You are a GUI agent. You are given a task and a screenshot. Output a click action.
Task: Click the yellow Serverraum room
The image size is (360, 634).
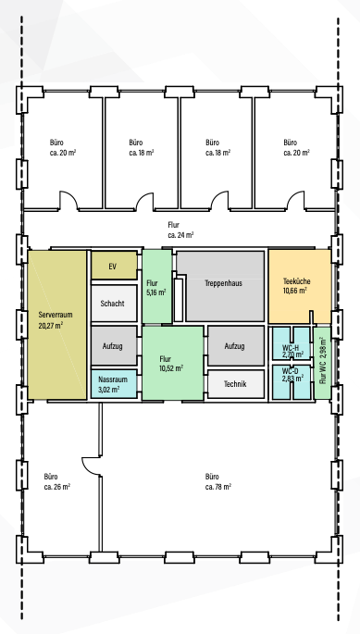tap(57, 325)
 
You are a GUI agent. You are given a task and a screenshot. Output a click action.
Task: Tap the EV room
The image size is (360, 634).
tap(114, 266)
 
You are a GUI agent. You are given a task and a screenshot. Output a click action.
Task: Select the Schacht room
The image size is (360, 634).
tap(114, 304)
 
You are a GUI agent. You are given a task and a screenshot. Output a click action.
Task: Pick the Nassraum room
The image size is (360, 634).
tap(114, 384)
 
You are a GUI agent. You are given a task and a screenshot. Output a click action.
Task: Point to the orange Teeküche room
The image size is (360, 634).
tap(300, 286)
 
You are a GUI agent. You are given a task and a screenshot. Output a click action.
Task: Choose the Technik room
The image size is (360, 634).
tap(236, 384)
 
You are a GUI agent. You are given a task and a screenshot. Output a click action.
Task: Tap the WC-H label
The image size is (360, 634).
tap(291, 347)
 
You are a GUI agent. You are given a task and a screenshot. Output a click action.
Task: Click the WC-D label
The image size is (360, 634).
tap(291, 370)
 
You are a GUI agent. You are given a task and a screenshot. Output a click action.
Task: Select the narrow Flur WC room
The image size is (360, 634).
tap(322, 363)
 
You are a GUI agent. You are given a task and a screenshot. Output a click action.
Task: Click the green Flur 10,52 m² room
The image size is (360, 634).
tap(172, 363)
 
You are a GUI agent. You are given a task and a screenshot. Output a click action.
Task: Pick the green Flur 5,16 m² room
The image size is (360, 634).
tap(157, 286)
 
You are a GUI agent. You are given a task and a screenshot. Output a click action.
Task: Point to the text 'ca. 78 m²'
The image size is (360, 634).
tap(218, 487)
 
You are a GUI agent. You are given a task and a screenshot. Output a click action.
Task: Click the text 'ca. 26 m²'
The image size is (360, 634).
tap(57, 487)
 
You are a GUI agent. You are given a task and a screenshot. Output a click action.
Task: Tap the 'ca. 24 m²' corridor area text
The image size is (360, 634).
tap(180, 235)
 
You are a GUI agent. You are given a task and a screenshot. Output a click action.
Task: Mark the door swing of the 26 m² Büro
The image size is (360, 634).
tap(90, 466)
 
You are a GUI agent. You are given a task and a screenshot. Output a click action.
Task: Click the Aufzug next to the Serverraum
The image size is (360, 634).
tap(114, 346)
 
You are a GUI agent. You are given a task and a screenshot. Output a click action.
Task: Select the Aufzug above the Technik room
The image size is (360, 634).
tap(236, 346)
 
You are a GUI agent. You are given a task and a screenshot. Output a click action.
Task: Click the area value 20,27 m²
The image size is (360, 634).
tap(51, 325)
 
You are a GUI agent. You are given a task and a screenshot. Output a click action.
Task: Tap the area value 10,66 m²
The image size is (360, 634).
tap(295, 290)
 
